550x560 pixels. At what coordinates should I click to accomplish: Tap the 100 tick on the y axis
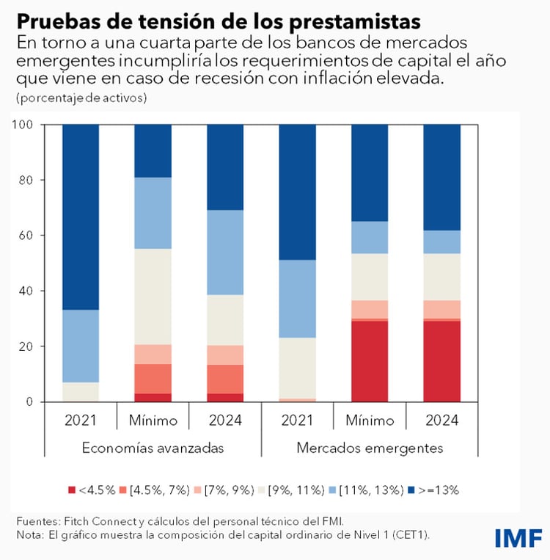[x=23, y=125]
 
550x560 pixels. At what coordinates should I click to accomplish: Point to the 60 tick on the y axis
[x=26, y=236]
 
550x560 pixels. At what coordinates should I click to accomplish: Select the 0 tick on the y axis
[x=30, y=401]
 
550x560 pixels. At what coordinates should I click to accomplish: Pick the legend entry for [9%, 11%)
[x=297, y=490]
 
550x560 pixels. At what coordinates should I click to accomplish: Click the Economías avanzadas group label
[x=153, y=448]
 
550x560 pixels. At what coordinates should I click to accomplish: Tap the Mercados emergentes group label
[x=370, y=448]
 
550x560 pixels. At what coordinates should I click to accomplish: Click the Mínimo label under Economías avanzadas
[x=153, y=421]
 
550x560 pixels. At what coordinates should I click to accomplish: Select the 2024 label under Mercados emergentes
[x=442, y=421]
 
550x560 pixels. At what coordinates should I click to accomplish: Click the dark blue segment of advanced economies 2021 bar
[x=81, y=217]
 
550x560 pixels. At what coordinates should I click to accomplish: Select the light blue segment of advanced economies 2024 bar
[x=225, y=252]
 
